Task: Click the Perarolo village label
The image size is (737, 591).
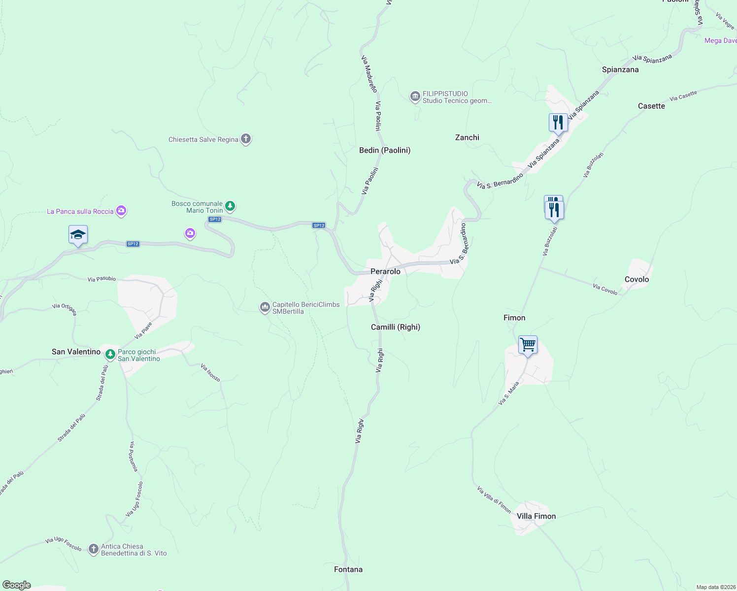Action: pyautogui.click(x=385, y=271)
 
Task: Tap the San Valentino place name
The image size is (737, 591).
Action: pyautogui.click(x=76, y=352)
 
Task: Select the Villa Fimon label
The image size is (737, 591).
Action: pyautogui.click(x=536, y=516)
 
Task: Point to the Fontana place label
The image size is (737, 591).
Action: pyautogui.click(x=348, y=569)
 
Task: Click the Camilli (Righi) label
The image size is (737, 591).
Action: pyautogui.click(x=395, y=327)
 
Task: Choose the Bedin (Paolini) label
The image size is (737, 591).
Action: pyautogui.click(x=385, y=150)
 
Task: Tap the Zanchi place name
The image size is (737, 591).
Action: pyautogui.click(x=467, y=137)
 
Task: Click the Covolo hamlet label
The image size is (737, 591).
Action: pyautogui.click(x=636, y=279)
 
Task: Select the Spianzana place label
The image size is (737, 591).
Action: pyautogui.click(x=620, y=69)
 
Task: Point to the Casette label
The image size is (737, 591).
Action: pyautogui.click(x=651, y=106)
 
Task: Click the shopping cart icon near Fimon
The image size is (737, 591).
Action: pyautogui.click(x=528, y=345)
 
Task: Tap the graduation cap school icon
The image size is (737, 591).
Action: pyautogui.click(x=78, y=234)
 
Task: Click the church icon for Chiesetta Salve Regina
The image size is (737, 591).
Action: pyautogui.click(x=246, y=139)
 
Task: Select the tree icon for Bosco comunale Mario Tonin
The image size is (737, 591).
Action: pyautogui.click(x=230, y=206)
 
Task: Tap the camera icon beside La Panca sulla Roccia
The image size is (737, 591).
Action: pyautogui.click(x=121, y=211)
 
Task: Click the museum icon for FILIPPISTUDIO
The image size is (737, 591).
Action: pyautogui.click(x=415, y=96)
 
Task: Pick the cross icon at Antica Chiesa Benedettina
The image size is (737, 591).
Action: pyautogui.click(x=94, y=549)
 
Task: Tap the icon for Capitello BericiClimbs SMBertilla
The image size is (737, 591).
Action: pyautogui.click(x=265, y=308)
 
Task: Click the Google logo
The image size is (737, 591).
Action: pyautogui.click(x=17, y=585)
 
